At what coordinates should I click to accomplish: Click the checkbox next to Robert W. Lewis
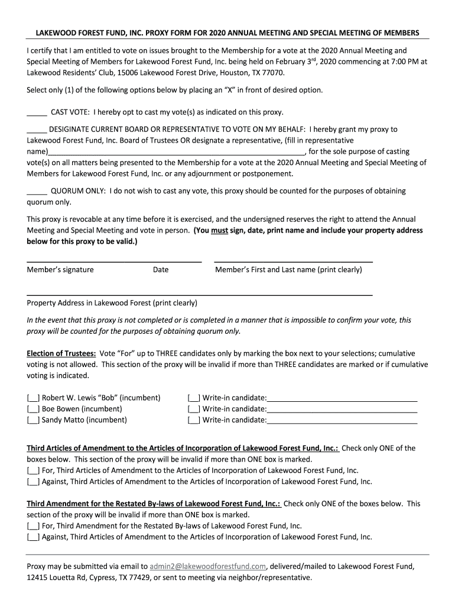point(33,398)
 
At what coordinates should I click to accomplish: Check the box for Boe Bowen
point(33,409)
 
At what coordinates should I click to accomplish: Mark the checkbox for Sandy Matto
point(33,420)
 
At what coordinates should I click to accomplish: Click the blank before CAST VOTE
point(37,112)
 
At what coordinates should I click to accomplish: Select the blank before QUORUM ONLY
point(37,191)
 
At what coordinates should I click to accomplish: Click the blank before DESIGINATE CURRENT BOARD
point(37,129)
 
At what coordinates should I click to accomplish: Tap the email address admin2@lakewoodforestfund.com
point(208,566)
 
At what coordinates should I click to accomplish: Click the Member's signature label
point(60,270)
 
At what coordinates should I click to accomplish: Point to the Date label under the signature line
point(161,270)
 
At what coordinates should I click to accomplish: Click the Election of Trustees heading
point(61,353)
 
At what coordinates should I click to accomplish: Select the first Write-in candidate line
point(342,398)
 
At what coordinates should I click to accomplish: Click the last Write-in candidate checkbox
point(194,420)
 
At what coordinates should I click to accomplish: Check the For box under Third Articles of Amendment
point(33,470)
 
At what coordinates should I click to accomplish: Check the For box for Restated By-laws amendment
point(33,526)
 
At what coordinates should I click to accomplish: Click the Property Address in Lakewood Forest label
point(112,303)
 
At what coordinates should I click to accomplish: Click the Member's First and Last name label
point(288,270)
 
